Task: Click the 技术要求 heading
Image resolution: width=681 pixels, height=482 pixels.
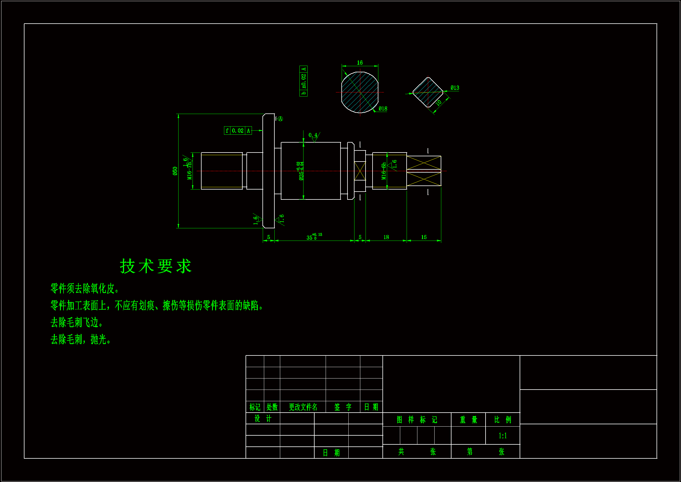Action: [x=156, y=266]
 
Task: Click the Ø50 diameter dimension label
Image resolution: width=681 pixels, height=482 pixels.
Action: [x=175, y=171]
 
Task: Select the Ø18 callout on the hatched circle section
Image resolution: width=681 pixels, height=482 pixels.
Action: [x=383, y=109]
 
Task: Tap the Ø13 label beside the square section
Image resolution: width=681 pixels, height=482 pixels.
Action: [x=455, y=88]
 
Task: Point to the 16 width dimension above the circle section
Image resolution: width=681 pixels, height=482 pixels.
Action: [x=360, y=63]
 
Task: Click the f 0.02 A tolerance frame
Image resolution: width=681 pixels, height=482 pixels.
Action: [x=238, y=131]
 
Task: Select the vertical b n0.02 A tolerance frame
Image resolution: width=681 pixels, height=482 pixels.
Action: [x=304, y=81]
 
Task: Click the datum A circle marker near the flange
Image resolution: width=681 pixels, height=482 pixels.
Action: [x=280, y=119]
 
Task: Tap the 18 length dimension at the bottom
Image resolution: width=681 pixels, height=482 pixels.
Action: [x=386, y=237]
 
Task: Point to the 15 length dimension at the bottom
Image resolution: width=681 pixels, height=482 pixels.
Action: [x=424, y=237]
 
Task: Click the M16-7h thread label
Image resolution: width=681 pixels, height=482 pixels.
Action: [x=189, y=171]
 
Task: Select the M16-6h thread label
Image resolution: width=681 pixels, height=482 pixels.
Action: [x=384, y=171]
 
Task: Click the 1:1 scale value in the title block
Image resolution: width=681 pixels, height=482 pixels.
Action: [x=502, y=436]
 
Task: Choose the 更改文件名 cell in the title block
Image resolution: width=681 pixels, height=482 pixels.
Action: [x=303, y=407]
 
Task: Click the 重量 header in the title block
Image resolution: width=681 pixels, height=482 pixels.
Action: [x=468, y=420]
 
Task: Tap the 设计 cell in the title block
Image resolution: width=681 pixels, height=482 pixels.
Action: [x=263, y=418]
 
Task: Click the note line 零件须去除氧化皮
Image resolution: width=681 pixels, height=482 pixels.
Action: [x=85, y=288]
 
